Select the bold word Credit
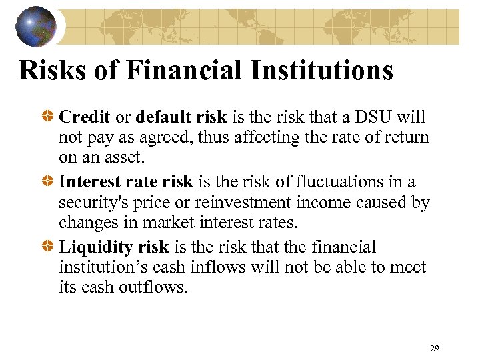click(x=85, y=117)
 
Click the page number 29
click(x=434, y=348)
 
